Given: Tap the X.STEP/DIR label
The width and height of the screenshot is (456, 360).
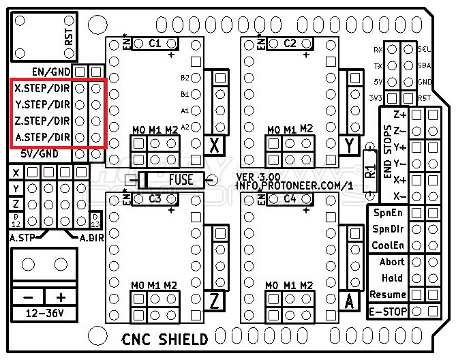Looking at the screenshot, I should click(42, 89).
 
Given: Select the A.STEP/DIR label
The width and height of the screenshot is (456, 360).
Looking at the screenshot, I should click(42, 138).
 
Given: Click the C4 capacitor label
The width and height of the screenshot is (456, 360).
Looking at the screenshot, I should click(290, 199).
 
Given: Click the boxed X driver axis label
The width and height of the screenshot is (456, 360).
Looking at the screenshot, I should click(216, 145).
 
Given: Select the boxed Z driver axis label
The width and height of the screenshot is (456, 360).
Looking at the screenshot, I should click(216, 301).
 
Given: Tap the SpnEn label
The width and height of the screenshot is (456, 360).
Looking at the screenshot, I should click(387, 213).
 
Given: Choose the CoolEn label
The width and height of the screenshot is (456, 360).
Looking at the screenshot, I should click(387, 245).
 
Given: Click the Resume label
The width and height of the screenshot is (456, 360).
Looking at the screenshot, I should click(387, 295).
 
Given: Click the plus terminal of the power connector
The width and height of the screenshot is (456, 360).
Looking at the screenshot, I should click(61, 297).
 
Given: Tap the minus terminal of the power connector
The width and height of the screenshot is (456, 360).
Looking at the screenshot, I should click(28, 297).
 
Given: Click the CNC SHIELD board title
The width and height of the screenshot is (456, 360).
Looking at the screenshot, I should click(166, 339).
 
